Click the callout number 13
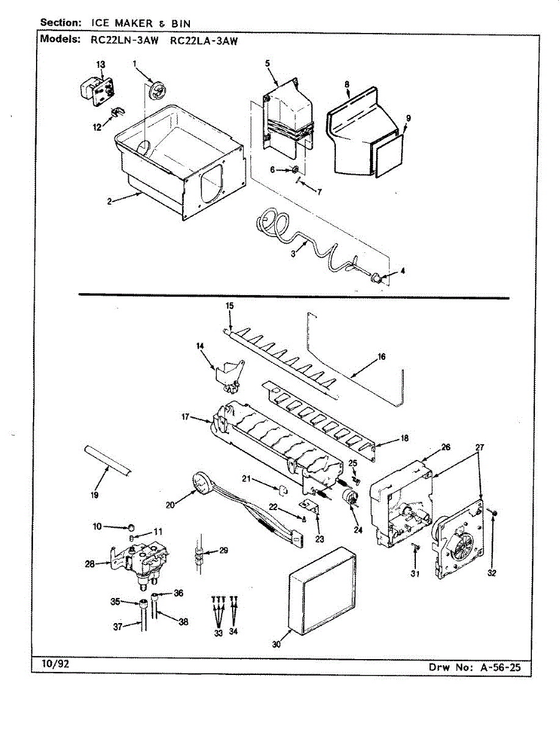click(x=101, y=65)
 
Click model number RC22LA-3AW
click(x=203, y=41)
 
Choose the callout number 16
click(x=382, y=357)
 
